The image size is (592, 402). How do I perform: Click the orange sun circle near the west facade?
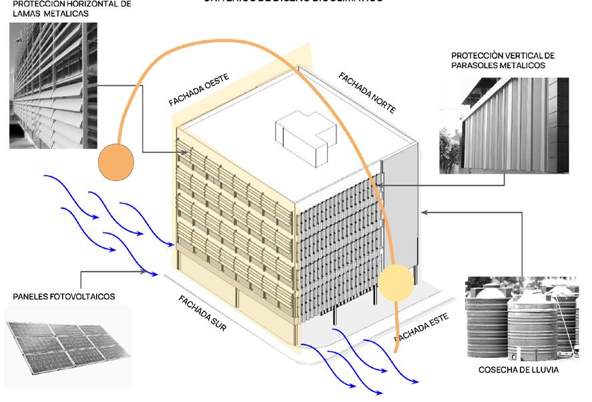click(x=115, y=163)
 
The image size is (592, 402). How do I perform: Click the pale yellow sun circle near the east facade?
click(x=396, y=282)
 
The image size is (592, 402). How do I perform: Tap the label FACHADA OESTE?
click(x=198, y=91)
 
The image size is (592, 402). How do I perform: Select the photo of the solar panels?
click(x=67, y=346)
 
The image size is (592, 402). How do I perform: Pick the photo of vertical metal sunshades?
click(x=504, y=126)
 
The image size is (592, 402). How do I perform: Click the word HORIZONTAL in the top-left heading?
click(x=81, y=3)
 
